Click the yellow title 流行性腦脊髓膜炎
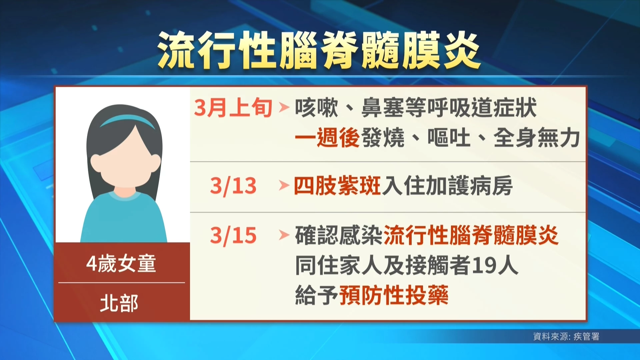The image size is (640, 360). [x=319, y=50]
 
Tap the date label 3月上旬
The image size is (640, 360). [x=233, y=108]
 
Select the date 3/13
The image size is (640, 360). [x=233, y=186]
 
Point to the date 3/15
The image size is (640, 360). [x=233, y=236]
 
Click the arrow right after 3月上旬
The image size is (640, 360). [x=284, y=107]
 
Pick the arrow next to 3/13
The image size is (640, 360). [x=284, y=185]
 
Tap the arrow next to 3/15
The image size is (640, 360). [x=284, y=235]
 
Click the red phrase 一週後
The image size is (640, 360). [x=327, y=137]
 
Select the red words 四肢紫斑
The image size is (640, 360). [x=337, y=186]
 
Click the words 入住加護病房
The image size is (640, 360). [x=447, y=186]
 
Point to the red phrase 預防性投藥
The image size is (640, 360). [x=394, y=295]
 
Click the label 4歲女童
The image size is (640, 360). [x=121, y=263]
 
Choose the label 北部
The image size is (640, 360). [x=119, y=303]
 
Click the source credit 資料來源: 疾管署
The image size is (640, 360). [x=566, y=336]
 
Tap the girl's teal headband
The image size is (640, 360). [x=127, y=120]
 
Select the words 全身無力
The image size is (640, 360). [x=537, y=137]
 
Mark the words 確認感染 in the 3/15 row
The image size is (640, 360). [x=339, y=235]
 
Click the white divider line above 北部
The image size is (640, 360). [x=122, y=283]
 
